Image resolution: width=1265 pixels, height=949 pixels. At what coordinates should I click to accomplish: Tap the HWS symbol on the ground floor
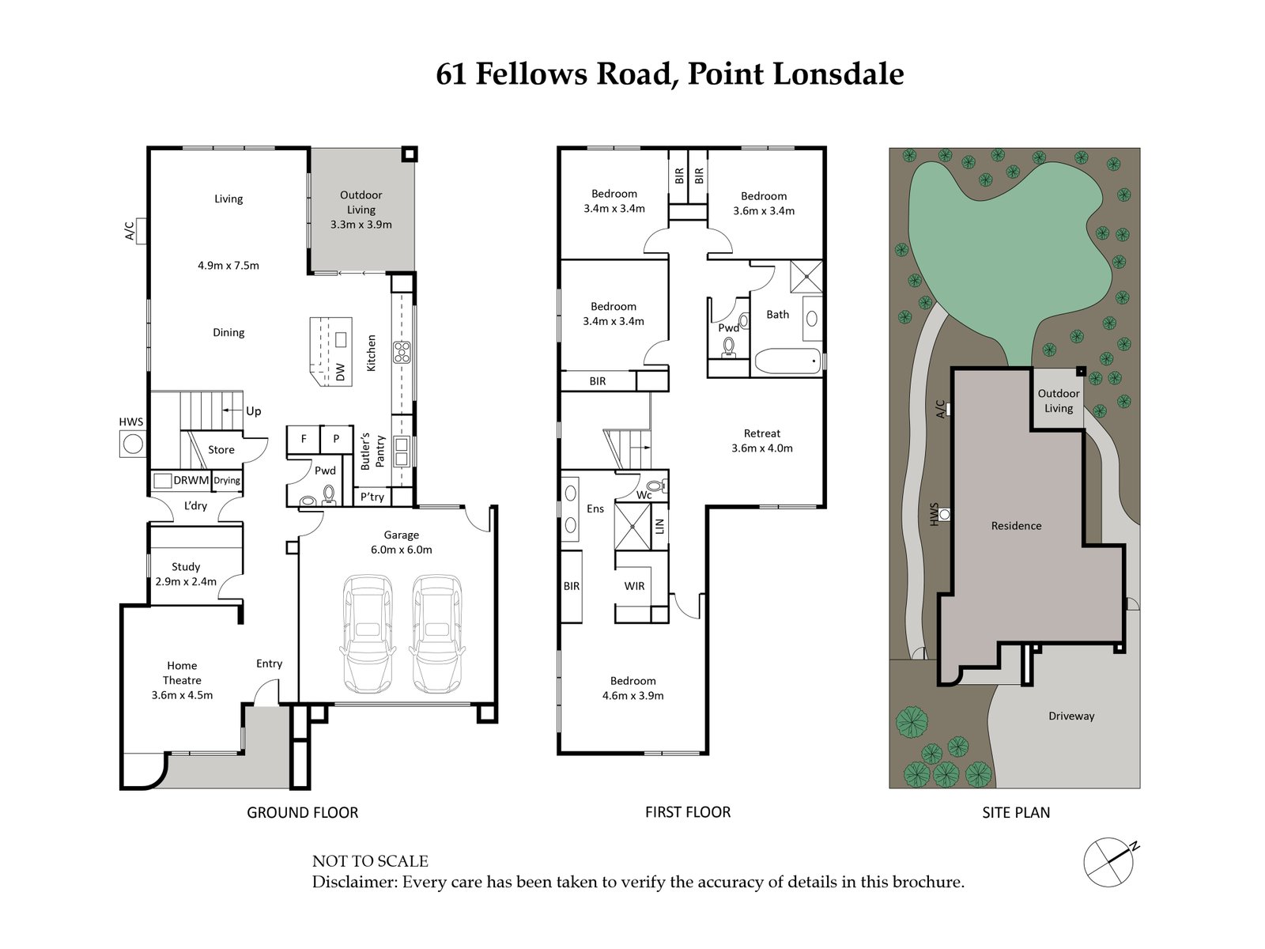(x=132, y=444)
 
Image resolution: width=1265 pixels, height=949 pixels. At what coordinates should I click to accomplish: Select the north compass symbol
(x=1110, y=862)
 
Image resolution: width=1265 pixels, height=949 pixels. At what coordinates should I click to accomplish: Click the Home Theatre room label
(x=182, y=680)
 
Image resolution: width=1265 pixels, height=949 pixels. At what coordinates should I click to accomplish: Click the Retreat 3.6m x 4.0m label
(x=762, y=440)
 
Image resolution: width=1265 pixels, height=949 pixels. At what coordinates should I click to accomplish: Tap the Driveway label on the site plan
(x=1071, y=716)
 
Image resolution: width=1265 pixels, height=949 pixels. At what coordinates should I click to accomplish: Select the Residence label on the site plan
(x=1016, y=525)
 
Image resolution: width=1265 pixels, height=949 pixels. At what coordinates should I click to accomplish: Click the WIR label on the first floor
(x=634, y=586)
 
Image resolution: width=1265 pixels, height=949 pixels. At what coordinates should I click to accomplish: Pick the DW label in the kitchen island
(x=341, y=372)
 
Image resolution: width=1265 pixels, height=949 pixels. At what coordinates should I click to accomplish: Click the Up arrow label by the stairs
(x=253, y=411)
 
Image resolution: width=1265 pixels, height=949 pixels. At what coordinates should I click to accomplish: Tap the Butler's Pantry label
(x=372, y=452)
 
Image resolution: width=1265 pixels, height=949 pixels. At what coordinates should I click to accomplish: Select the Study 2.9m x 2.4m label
(x=186, y=574)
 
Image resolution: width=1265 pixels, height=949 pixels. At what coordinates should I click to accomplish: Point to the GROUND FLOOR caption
(x=302, y=812)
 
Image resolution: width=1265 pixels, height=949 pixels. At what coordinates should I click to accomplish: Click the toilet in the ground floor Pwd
(x=329, y=496)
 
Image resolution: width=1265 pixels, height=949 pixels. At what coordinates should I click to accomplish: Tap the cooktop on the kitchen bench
(x=402, y=352)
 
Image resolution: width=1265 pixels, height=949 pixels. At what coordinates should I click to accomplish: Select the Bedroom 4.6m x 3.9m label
(x=632, y=688)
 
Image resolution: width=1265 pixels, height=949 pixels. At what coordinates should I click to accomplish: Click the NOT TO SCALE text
(x=370, y=861)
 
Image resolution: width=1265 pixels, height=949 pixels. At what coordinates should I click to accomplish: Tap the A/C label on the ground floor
(x=129, y=230)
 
